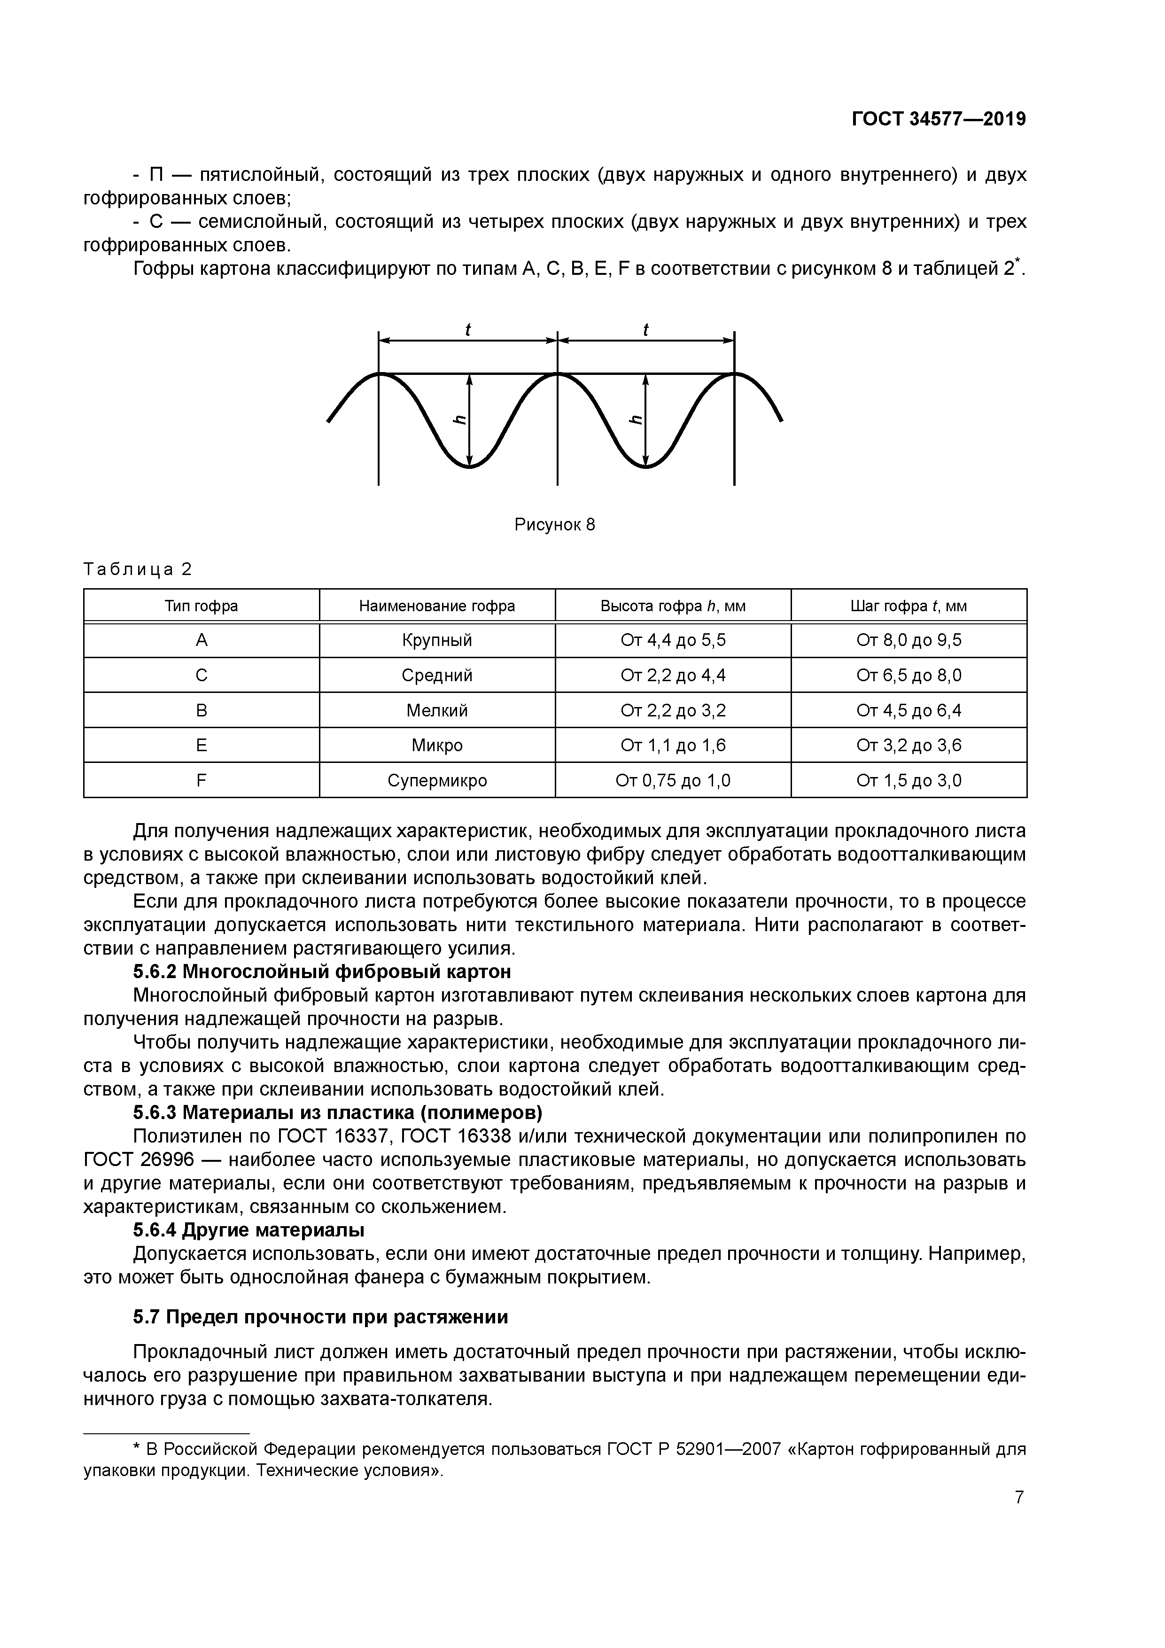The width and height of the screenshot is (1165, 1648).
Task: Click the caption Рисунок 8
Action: [x=554, y=525]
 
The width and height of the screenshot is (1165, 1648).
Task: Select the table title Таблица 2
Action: [x=138, y=569]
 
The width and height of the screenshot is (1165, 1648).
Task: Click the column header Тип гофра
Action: [x=201, y=606]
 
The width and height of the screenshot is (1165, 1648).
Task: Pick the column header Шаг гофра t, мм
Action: [x=908, y=606]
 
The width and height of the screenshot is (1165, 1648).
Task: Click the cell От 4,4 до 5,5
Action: [x=673, y=639]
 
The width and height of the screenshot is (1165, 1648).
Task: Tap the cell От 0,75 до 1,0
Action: [x=673, y=780]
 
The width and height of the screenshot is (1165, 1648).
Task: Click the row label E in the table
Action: [x=201, y=745]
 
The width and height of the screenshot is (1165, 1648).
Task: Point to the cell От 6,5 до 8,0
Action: [x=908, y=675]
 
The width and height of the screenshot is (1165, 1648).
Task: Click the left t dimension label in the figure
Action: [x=468, y=329]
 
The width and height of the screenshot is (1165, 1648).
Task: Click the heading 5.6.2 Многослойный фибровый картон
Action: [x=322, y=972]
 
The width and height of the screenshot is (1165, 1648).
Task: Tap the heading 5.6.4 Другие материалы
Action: [x=249, y=1229]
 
